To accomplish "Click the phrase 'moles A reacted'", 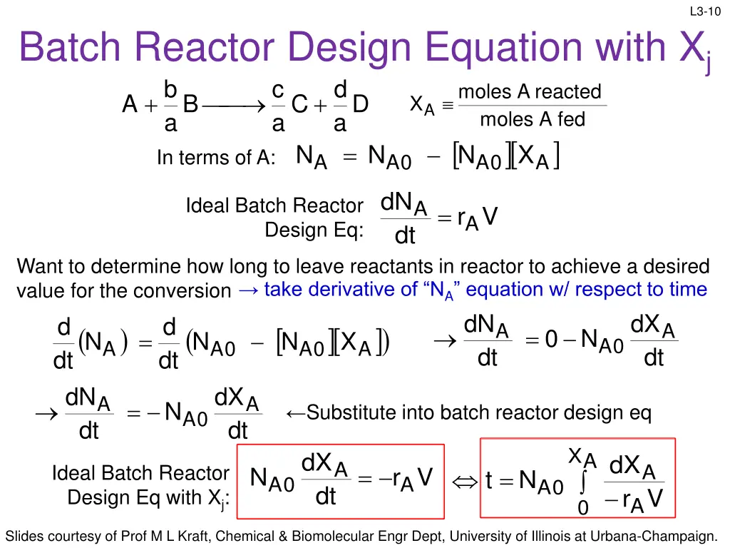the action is click(530, 92).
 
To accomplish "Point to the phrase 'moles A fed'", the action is click(532, 119).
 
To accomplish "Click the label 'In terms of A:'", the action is click(216, 158).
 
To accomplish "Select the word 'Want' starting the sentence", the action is click(41, 267).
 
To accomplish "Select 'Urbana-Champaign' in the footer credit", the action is click(662, 536).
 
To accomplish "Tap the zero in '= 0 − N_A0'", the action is click(550, 340).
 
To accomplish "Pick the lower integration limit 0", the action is click(582, 508).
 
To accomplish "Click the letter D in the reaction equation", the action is click(360, 105).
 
